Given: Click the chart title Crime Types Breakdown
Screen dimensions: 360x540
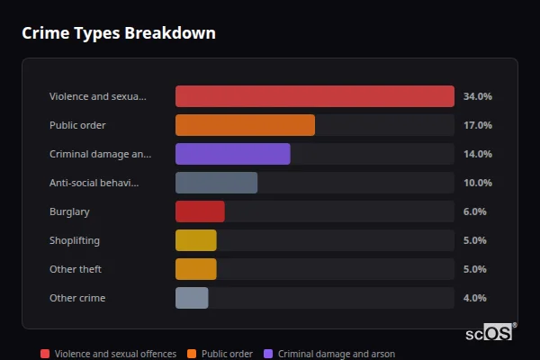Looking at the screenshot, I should pos(118,33).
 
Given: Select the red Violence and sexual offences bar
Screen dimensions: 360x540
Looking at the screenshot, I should pos(314,96).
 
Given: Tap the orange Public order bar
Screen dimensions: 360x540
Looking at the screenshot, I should pos(245,125).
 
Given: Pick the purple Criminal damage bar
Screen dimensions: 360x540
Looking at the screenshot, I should pos(232,154).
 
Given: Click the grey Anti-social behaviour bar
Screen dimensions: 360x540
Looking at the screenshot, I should pos(216,183).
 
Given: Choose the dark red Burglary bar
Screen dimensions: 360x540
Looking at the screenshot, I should pos(200,211).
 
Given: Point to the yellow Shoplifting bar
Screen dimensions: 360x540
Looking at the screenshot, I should pos(195,240).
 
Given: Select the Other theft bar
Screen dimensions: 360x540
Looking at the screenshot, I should pos(195,269).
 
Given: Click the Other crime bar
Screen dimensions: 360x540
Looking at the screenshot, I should pos(192,298).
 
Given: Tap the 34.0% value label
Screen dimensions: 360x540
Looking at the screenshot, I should pos(477,96).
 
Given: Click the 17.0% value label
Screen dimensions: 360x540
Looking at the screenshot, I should pos(477,125).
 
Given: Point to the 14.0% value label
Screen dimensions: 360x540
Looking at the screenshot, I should pos(477,154).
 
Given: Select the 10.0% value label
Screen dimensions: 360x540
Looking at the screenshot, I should pos(477,183).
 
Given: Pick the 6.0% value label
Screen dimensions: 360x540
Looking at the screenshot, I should pos(474,211).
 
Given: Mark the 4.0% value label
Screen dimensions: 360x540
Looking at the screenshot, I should pos(474,298).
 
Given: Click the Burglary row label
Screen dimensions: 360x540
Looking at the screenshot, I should pos(69,211).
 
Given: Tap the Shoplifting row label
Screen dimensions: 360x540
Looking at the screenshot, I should pos(74,240).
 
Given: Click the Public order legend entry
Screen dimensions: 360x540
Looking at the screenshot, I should pos(220,354).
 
